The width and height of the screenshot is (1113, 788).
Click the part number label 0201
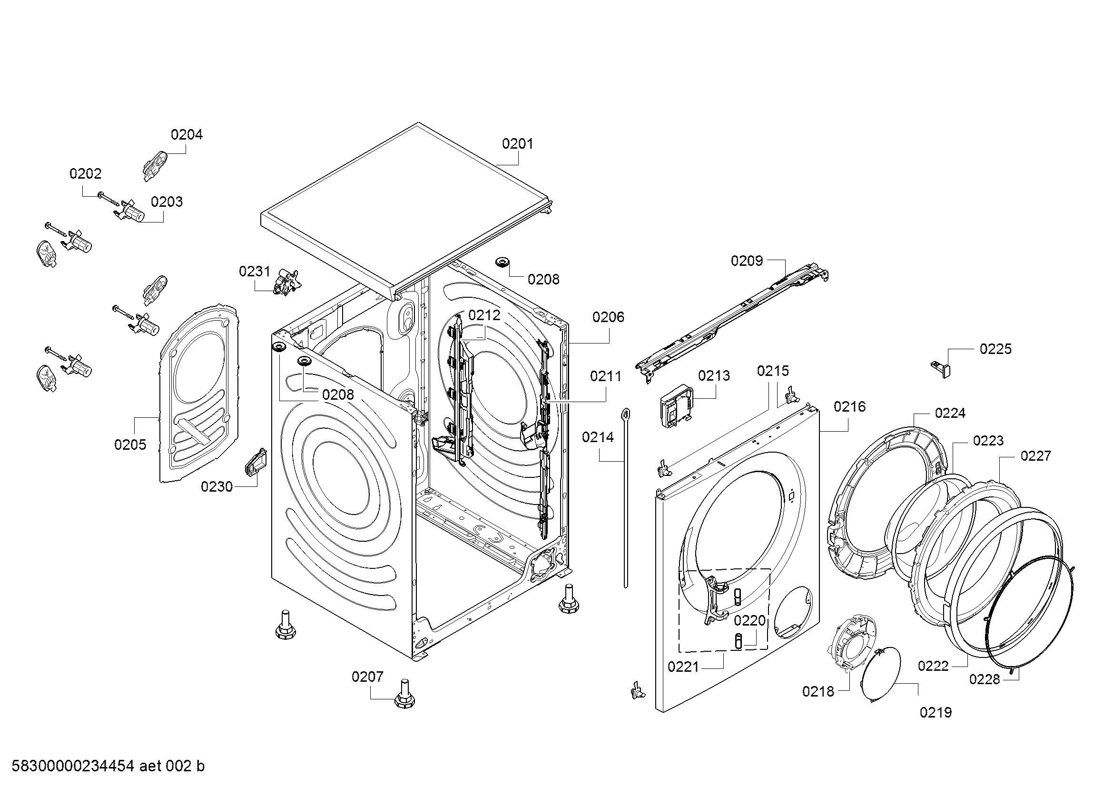[517, 143]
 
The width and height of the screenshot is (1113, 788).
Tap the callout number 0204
[186, 134]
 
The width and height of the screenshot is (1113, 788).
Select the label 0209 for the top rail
[747, 261]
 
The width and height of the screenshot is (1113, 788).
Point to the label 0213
[714, 375]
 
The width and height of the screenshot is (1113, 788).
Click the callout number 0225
[995, 349]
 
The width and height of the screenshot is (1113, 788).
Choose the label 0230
[217, 486]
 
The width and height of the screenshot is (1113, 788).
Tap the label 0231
[255, 271]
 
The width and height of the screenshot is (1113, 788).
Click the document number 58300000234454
[73, 766]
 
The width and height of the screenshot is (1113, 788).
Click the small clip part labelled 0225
[941, 369]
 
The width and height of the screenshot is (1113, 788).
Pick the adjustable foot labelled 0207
[404, 695]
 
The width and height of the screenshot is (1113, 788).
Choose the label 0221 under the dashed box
[683, 667]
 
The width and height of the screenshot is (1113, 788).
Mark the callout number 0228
[985, 679]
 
